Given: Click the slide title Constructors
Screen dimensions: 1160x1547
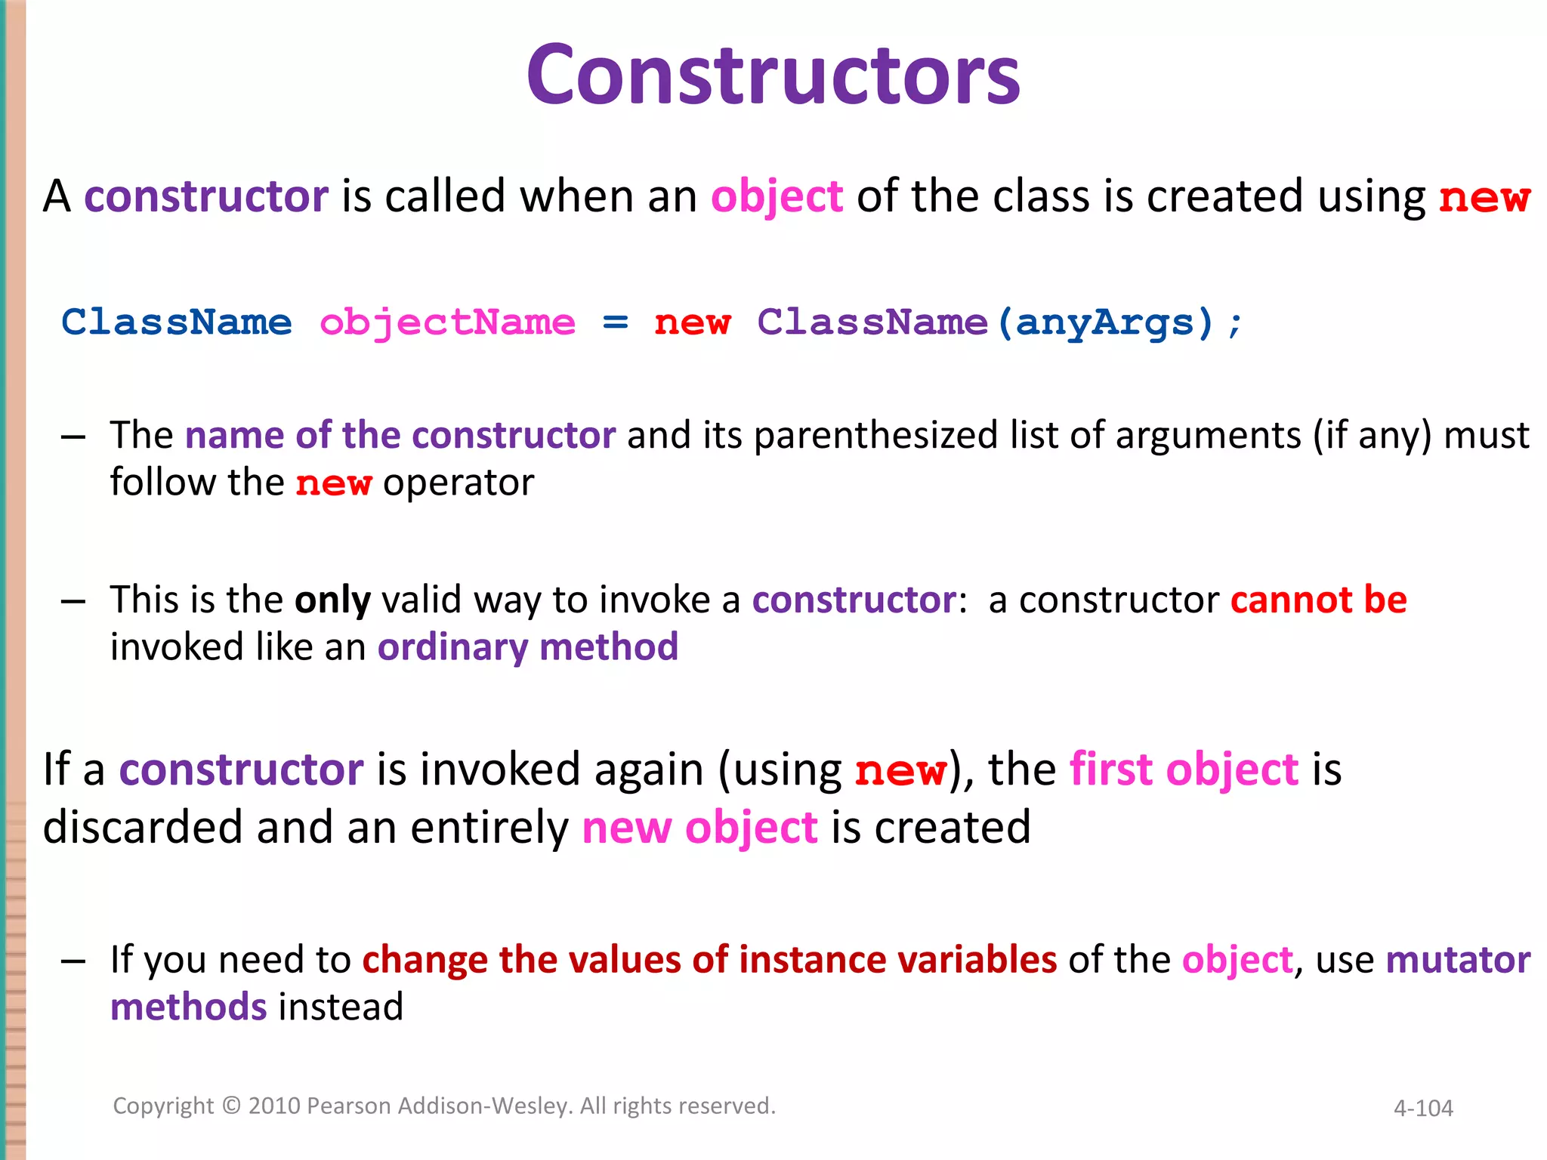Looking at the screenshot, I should (773, 76).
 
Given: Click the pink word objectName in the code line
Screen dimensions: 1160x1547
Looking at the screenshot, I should (447, 323).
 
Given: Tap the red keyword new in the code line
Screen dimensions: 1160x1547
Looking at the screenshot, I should (692, 323).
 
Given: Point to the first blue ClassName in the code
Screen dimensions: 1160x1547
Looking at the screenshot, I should (176, 323).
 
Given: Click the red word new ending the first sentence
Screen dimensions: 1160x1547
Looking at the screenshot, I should (1484, 198).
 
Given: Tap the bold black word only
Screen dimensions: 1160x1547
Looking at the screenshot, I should (332, 600).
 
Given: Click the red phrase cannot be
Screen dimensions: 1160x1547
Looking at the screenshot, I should (1318, 600).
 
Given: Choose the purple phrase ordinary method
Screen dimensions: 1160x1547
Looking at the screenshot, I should (527, 648).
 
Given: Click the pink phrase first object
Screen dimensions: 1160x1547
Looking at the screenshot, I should (1184, 770).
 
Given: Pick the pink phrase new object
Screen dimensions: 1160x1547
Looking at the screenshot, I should (699, 828).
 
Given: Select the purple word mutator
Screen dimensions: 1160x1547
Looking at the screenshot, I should (1458, 961).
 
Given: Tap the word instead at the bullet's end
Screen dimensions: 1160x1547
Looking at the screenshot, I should (341, 1008).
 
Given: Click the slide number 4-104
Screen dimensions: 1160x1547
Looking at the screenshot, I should (1423, 1109).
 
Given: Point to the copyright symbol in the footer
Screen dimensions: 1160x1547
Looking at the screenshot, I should (231, 1106).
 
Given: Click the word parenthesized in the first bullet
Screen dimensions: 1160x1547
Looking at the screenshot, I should (876, 437).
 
